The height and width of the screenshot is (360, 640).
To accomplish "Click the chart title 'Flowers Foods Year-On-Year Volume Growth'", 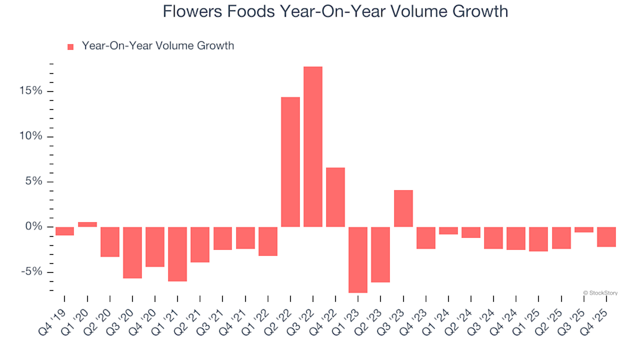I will [335, 12].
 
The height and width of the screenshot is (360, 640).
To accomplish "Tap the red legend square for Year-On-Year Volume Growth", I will [71, 47].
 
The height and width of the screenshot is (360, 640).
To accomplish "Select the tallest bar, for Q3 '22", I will [313, 147].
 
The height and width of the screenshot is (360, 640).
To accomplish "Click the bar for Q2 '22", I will [290, 162].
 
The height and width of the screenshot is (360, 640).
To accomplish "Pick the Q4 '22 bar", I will [335, 197].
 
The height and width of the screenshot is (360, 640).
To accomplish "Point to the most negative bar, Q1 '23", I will [358, 259].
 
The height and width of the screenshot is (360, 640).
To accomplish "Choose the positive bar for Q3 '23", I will [403, 209].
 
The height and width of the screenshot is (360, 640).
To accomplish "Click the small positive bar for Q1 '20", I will [87, 225].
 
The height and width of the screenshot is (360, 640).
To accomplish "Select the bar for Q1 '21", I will [177, 254].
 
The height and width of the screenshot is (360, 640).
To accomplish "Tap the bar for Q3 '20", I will [132, 252].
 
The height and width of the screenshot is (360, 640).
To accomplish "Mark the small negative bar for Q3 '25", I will [584, 229].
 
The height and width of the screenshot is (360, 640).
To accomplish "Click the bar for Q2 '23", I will [381, 254].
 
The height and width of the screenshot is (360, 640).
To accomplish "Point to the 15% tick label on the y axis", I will [31, 91].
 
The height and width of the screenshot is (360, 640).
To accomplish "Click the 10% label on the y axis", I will [31, 136].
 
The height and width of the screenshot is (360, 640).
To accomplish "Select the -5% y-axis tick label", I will [29, 272].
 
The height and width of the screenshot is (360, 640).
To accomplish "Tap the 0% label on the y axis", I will [33, 227].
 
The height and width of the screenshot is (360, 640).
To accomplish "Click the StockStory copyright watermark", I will [599, 292].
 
